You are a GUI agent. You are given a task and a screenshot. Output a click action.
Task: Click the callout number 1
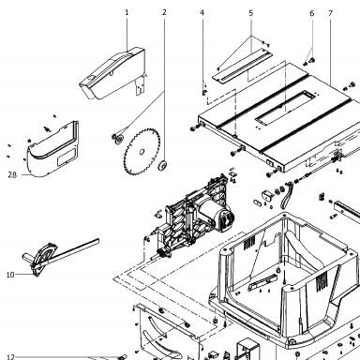(127, 12)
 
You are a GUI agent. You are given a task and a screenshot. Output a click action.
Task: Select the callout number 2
(164, 12)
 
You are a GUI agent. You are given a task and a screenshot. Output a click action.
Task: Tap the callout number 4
(202, 13)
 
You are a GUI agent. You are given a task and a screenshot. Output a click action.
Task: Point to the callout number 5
(251, 13)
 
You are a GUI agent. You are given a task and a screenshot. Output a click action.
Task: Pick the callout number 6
(312, 13)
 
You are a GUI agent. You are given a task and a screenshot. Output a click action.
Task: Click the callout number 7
(331, 13)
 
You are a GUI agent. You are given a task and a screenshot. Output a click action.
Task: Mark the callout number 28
(12, 175)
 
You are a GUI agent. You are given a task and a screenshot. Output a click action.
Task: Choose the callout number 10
(10, 275)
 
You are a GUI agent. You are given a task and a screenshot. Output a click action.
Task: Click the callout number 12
(10, 357)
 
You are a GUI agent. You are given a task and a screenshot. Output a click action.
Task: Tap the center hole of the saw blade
(142, 152)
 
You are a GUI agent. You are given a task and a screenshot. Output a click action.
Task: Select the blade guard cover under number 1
(112, 73)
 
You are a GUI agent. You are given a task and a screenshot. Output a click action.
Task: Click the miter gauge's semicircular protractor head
(44, 255)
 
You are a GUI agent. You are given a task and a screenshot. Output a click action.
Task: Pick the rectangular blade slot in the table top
(285, 108)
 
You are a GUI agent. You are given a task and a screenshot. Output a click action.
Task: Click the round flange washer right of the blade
(162, 166)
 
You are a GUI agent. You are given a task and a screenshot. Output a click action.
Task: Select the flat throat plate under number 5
(243, 67)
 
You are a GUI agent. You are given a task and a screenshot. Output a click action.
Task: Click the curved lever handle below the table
(287, 196)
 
